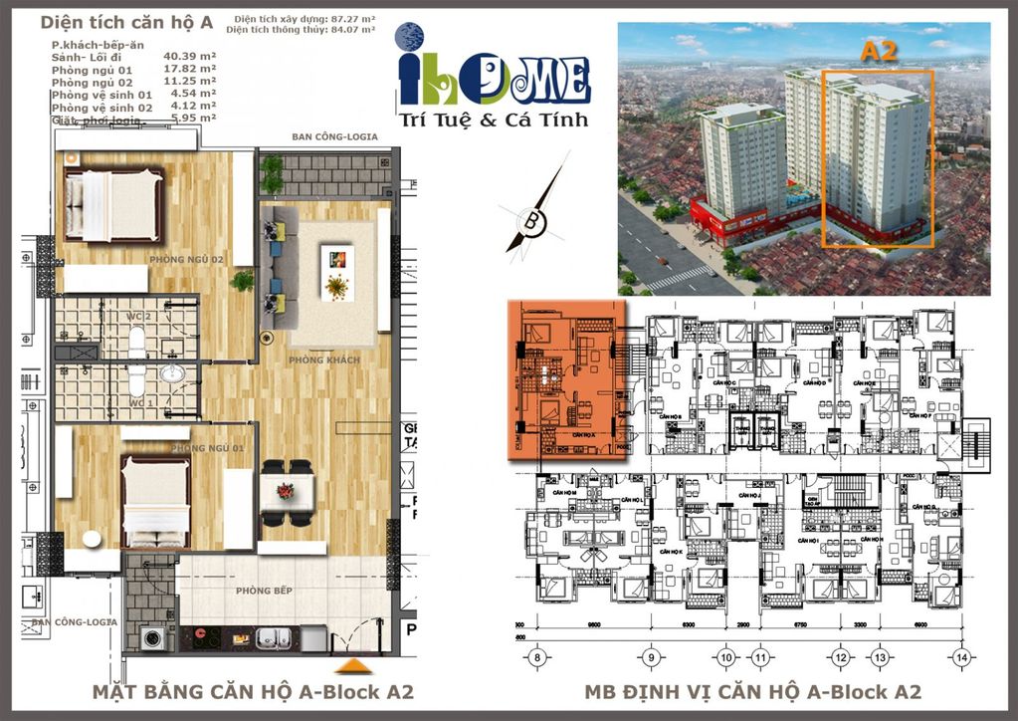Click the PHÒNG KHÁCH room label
(x=316, y=360)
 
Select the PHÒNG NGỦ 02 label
(x=186, y=260)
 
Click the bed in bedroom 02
(x=113, y=204)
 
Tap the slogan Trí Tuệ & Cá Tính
(x=493, y=120)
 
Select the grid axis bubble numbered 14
(x=961, y=656)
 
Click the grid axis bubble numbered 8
(x=537, y=656)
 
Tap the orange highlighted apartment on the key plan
(x=565, y=378)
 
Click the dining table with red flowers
(x=287, y=491)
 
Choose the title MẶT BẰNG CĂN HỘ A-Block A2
(x=252, y=692)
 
